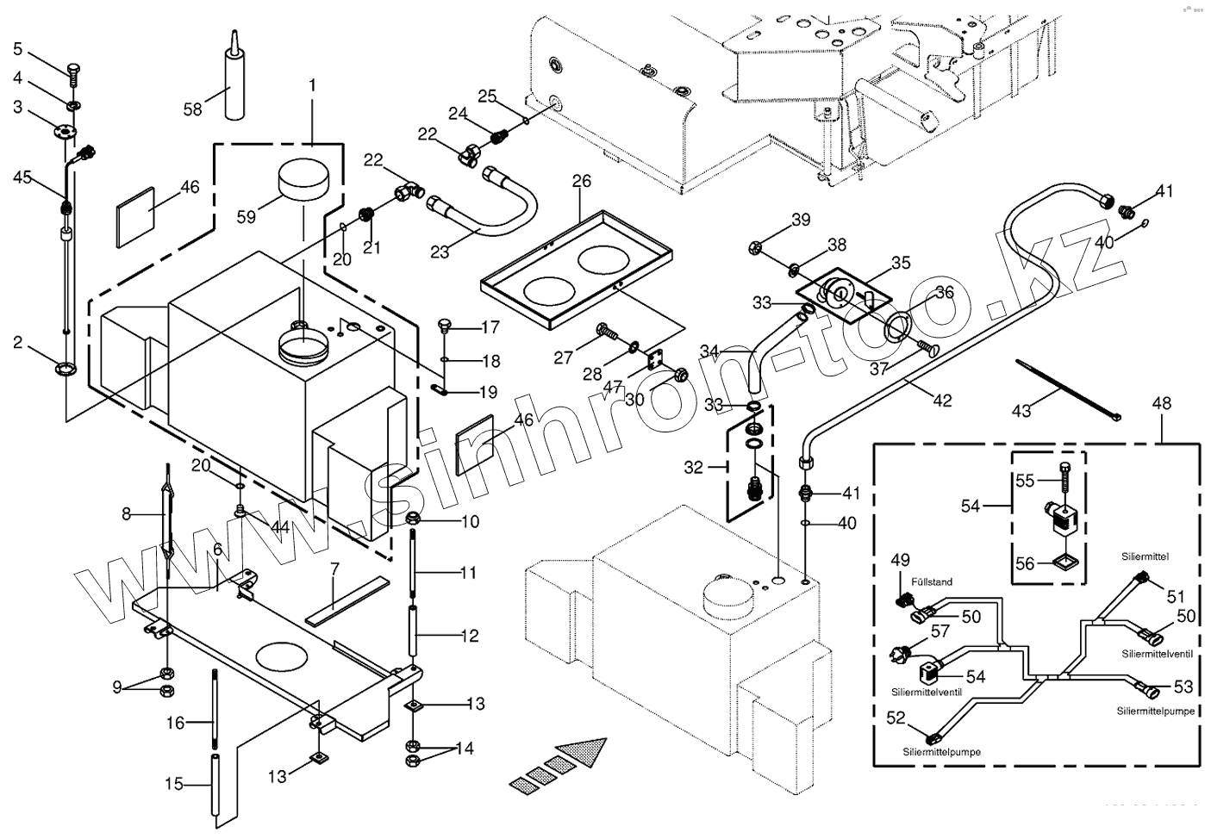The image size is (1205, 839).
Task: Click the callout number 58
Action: point(192,109)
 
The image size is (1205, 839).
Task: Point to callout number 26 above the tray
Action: point(582,182)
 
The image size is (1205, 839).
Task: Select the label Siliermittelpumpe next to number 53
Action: point(1155,712)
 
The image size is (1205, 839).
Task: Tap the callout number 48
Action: point(1161,402)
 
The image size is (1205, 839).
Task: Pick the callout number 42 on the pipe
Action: point(943,401)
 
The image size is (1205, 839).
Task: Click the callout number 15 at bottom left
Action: point(174,784)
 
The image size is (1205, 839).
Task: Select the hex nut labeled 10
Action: point(413,519)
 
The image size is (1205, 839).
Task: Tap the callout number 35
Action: point(901,262)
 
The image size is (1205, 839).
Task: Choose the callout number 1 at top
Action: point(312,86)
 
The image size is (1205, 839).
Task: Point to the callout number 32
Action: point(694,468)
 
